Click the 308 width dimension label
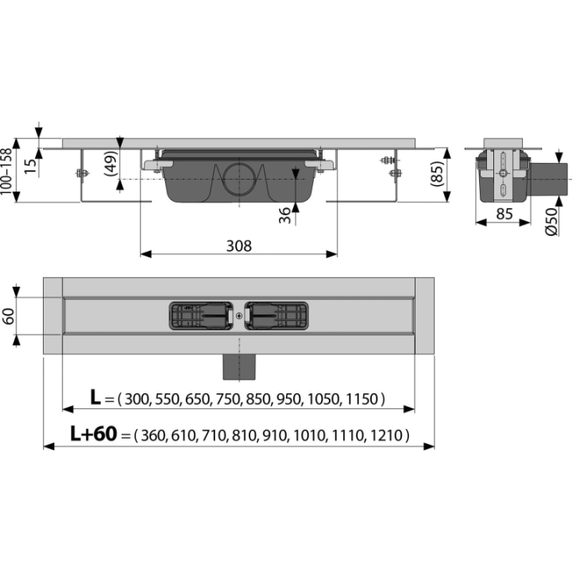click(239, 245)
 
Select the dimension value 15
click(31, 166)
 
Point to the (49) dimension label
click(111, 163)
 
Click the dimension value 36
click(285, 215)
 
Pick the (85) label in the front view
click(436, 174)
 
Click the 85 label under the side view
click(504, 214)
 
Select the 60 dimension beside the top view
click(8, 316)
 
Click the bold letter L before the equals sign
click(95, 397)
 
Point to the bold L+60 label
click(94, 434)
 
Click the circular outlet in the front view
click(239, 180)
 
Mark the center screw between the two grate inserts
click(239, 316)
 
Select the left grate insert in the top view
click(201, 316)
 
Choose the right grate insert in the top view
click(276, 316)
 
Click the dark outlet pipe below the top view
click(239, 367)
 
